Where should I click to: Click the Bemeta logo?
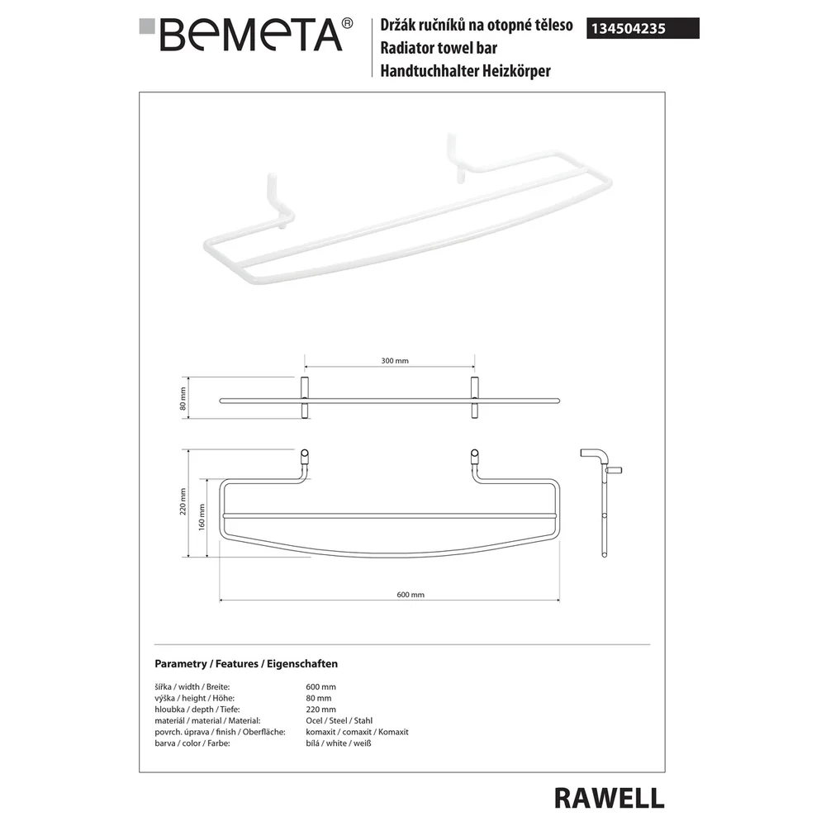click(x=246, y=35)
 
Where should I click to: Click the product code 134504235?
click(x=629, y=28)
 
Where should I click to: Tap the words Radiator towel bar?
click(x=439, y=48)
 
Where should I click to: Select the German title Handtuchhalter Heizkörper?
click(x=465, y=70)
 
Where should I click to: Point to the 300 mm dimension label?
click(x=395, y=361)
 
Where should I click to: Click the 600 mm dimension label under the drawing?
click(x=411, y=595)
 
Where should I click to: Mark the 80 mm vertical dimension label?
click(x=183, y=399)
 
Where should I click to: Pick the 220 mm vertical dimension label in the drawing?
click(x=183, y=501)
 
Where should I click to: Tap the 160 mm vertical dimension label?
click(x=202, y=517)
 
